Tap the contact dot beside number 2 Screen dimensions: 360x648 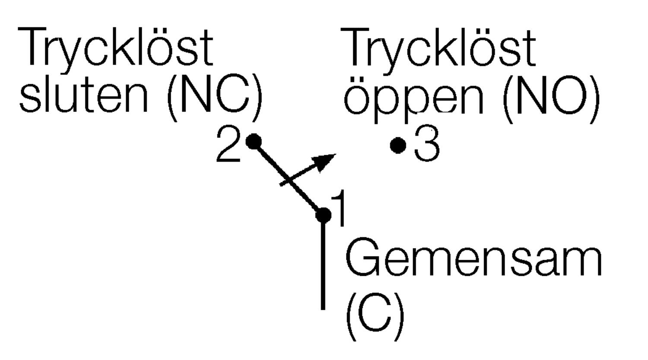coord(254,141)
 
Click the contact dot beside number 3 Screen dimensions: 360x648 coord(398,145)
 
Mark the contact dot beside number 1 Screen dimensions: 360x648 coord(324,215)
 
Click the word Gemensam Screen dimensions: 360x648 coord(473,259)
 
